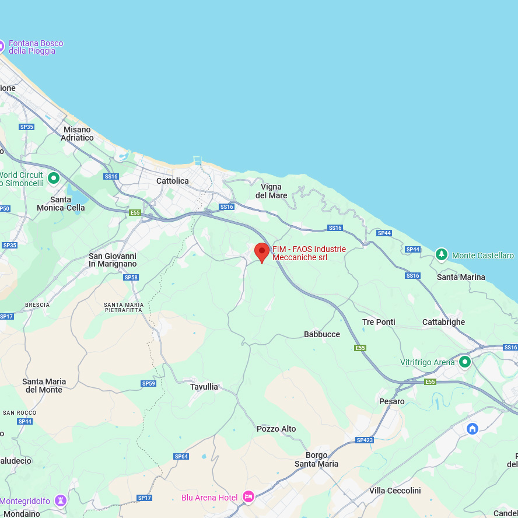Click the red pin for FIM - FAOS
(262, 252)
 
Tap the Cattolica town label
(173, 181)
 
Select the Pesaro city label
(392, 401)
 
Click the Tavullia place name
(204, 387)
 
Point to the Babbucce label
(322, 334)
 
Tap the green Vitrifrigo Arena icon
(465, 362)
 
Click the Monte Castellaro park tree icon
(442, 255)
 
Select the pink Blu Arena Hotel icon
(249, 497)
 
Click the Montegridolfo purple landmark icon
(61, 501)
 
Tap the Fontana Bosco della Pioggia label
(36, 47)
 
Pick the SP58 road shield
(131, 277)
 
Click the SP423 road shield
(365, 440)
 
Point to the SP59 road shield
(149, 383)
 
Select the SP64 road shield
(181, 456)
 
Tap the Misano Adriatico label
(77, 134)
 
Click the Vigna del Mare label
(271, 191)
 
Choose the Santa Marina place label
(461, 277)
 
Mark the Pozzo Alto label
(276, 429)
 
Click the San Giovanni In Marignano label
(113, 260)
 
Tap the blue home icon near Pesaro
(473, 429)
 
